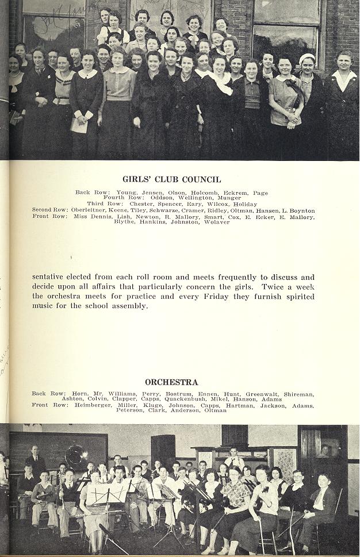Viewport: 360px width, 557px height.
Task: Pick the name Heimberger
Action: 95,405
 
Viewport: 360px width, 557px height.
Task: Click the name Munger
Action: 230,198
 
